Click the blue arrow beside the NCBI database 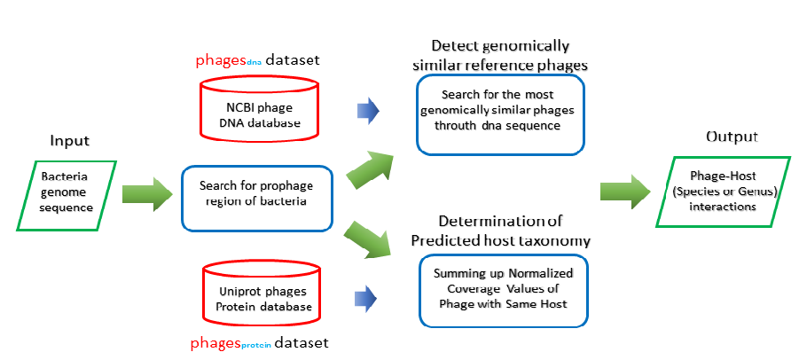point(365,111)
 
